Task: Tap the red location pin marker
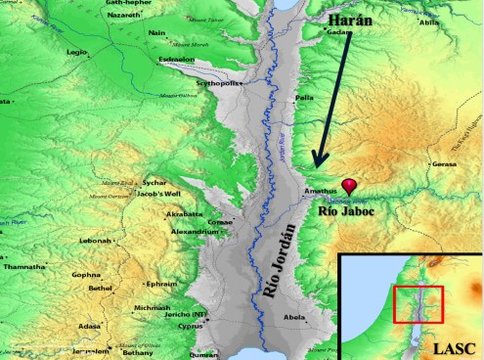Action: (x=349, y=184)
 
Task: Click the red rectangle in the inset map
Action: (x=418, y=303)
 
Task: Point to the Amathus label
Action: (x=320, y=180)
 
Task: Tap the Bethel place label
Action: (x=100, y=291)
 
